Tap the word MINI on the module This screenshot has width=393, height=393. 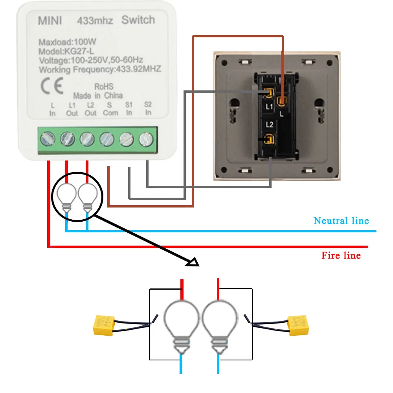pos(50,21)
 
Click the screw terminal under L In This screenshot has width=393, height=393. pos(47,138)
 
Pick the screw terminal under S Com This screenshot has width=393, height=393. pos(107,138)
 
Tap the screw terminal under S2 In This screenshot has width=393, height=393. pos(146,138)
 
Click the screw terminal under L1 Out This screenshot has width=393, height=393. pos(67,138)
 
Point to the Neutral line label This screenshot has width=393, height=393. pos(341,220)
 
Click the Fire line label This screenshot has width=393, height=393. pos(341,255)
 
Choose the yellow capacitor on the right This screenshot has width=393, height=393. pos(298,325)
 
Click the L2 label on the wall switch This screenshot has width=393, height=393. pos(270,125)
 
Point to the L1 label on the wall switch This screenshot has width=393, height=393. pos(269,107)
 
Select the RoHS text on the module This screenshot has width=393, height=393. pos(104,86)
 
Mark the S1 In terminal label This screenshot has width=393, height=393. pos(129,108)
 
